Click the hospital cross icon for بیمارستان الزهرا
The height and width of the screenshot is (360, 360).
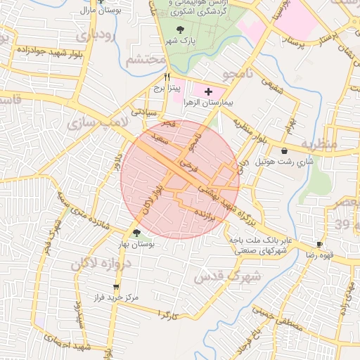pyautogui.click(x=208, y=91)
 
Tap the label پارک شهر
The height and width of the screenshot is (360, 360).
pyautogui.click(x=180, y=42)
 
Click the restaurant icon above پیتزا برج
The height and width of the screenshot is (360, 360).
pyautogui.click(x=167, y=77)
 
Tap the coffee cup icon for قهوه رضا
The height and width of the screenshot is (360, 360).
pyautogui.click(x=320, y=243)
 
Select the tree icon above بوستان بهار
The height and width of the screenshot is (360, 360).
pyautogui.click(x=136, y=233)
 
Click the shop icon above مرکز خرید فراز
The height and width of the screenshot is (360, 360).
pyautogui.click(x=116, y=288)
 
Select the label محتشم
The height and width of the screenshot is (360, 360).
pyautogui.click(x=146, y=60)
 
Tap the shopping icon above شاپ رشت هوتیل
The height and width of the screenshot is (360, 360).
pyautogui.click(x=284, y=150)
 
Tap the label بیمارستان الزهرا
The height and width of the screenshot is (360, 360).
pyautogui.click(x=207, y=103)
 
